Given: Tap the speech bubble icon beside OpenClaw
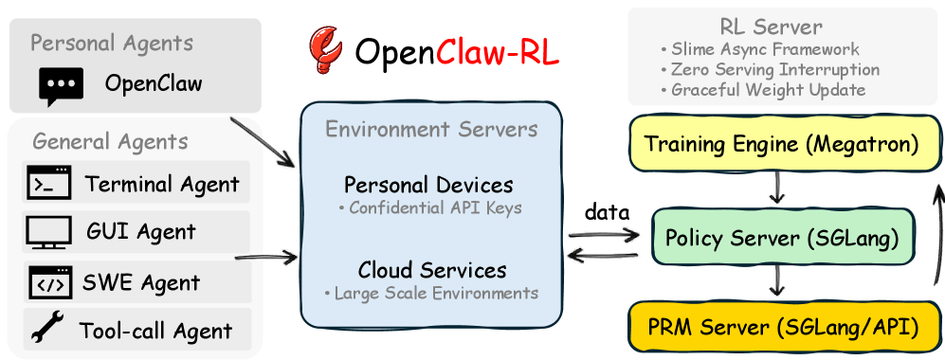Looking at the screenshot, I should (x=61, y=86).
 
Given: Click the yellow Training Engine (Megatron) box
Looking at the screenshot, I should (x=781, y=145).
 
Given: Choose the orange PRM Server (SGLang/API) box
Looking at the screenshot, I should (x=781, y=328).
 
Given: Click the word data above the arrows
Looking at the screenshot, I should (x=608, y=212).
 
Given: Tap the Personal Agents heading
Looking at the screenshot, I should (x=112, y=43).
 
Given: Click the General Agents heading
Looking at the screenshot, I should (x=110, y=142).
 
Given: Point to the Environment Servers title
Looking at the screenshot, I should (x=431, y=129).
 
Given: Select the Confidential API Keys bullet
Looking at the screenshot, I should (x=430, y=207).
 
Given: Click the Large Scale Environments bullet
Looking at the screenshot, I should (x=430, y=293).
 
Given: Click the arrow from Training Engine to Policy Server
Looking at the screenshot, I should (x=777, y=189).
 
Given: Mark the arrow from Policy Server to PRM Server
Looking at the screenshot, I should (x=777, y=280).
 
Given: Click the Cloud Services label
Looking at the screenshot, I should (x=431, y=270).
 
